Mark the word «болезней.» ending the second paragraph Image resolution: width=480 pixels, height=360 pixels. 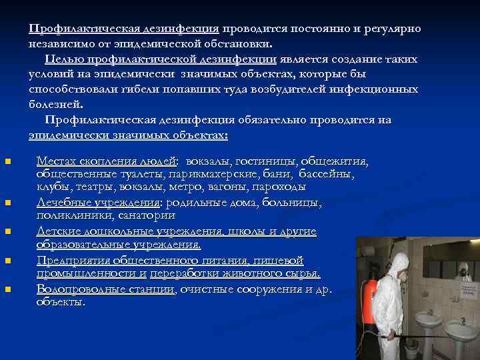click(56, 104)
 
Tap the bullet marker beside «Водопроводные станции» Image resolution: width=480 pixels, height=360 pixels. click(7, 289)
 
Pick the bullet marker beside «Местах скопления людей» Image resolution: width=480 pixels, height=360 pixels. click(7, 161)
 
